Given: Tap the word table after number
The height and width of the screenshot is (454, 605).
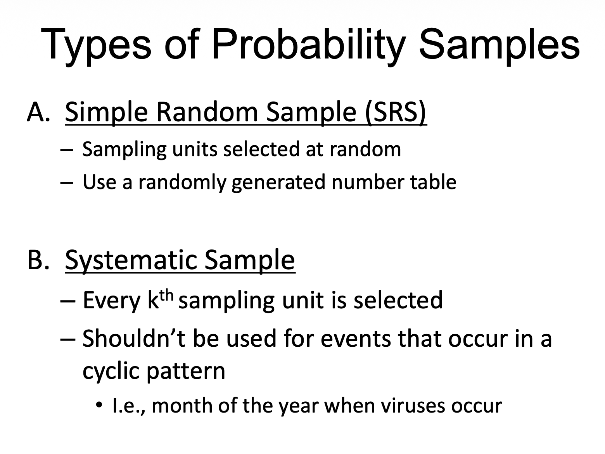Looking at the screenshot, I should pyautogui.click(x=433, y=182).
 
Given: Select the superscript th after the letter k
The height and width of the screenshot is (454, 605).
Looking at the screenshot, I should pyautogui.click(x=166, y=295).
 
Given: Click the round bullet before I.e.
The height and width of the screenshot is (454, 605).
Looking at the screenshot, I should pyautogui.click(x=99, y=405).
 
